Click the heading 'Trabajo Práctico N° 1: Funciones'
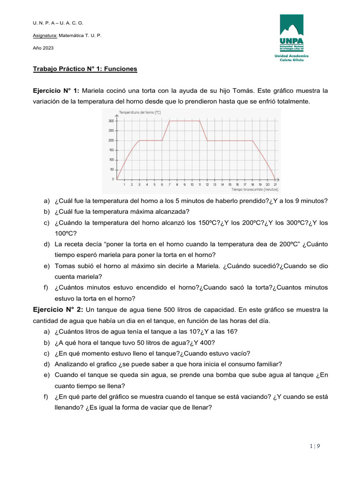click(x=85, y=69)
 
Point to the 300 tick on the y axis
click(x=111, y=121)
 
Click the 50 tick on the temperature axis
click(x=112, y=169)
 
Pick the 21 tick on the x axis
click(x=275, y=185)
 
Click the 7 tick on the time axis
click(x=170, y=185)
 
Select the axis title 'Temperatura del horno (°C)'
click(x=140, y=112)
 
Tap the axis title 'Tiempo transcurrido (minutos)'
click(x=255, y=190)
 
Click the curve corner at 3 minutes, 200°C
click(x=140, y=140)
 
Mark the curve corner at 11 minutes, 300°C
click(x=200, y=121)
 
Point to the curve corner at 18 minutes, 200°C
click(x=253, y=140)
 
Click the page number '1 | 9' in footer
click(x=315, y=446)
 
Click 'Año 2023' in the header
click(x=43, y=48)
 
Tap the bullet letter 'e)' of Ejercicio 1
click(x=46, y=266)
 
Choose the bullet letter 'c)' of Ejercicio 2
click(x=46, y=353)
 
